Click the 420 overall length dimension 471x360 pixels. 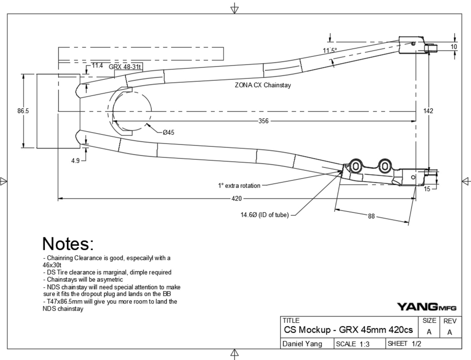tap(236, 199)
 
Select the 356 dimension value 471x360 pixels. tap(263, 121)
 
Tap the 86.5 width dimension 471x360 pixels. tap(23, 111)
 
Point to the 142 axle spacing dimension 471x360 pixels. tap(428, 111)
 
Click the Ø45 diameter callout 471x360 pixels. tap(168, 132)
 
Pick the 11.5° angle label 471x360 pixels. tap(330, 50)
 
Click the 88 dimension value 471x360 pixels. tap(371, 216)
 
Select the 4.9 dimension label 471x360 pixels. tap(75, 161)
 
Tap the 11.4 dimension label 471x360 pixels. tap(97, 65)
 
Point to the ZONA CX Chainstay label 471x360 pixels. tap(263, 85)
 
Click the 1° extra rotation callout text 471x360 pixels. tap(239, 186)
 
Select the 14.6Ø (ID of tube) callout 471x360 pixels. tap(264, 215)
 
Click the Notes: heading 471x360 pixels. tap(68, 244)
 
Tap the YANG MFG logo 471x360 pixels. tap(427, 307)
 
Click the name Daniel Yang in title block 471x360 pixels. tap(302, 344)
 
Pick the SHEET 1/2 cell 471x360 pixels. tap(404, 344)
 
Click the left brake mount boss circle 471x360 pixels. tap(356, 166)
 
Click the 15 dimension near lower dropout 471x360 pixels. tap(427, 189)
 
